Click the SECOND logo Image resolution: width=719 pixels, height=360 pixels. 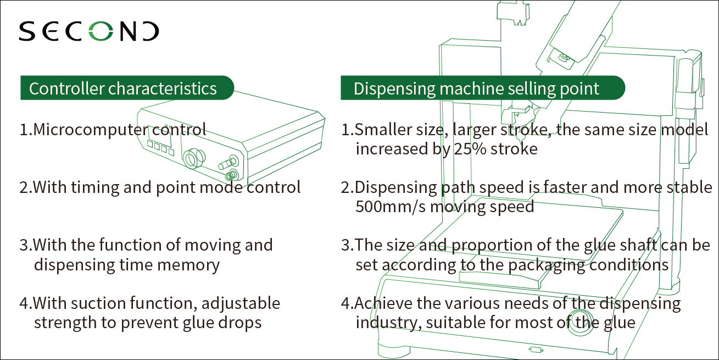pos(89,32)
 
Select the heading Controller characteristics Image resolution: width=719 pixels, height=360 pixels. pos(123,88)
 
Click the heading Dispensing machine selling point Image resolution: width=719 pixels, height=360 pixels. pos(476,88)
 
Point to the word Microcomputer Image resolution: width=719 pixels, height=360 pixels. pos(91,130)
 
